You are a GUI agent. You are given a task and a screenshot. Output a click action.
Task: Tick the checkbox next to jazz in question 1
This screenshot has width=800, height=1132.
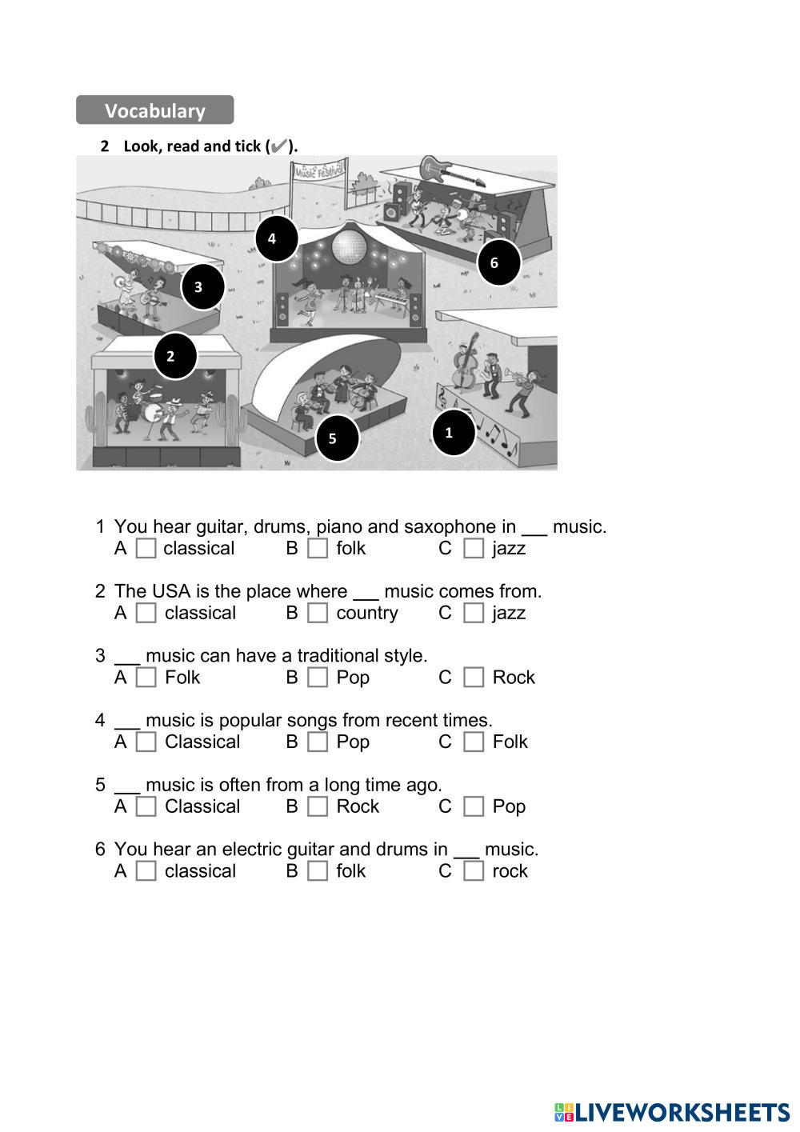pyautogui.click(x=474, y=548)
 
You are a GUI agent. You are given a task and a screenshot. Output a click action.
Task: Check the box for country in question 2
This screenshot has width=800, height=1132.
pyautogui.click(x=318, y=613)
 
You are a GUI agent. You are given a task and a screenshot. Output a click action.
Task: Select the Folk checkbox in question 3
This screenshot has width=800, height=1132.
pyautogui.click(x=146, y=678)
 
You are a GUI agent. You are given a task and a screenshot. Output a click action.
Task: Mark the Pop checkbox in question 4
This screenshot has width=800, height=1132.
pyautogui.click(x=318, y=742)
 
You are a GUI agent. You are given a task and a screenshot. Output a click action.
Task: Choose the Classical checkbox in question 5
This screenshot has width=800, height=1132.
pyautogui.click(x=146, y=806)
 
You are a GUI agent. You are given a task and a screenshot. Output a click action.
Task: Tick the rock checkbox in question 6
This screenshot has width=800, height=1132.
pyautogui.click(x=474, y=870)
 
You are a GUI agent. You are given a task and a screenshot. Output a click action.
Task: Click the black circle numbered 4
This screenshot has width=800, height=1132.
pyautogui.click(x=276, y=238)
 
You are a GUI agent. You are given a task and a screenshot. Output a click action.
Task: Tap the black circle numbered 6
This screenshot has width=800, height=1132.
pyautogui.click(x=498, y=262)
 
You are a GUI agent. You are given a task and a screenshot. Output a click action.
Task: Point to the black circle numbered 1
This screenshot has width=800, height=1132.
pyautogui.click(x=454, y=433)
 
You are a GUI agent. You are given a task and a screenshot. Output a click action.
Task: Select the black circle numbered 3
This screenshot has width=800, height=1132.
pyautogui.click(x=202, y=286)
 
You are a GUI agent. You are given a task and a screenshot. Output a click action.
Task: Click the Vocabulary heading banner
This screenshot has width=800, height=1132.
pyautogui.click(x=154, y=110)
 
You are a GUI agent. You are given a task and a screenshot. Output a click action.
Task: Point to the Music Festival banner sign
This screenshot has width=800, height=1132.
pyautogui.click(x=319, y=170)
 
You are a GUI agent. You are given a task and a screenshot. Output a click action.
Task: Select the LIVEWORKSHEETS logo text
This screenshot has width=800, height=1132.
pyautogui.click(x=672, y=1112)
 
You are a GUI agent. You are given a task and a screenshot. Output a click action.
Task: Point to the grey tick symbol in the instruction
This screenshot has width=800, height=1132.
pyautogui.click(x=278, y=146)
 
